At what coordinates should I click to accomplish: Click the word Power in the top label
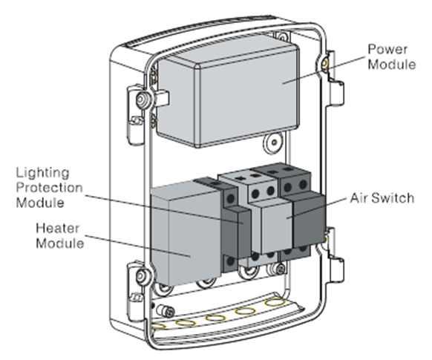tap(387, 50)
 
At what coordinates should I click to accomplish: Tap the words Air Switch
tap(382, 198)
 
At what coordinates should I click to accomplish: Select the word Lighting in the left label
tap(42, 174)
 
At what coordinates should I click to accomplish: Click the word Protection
tap(49, 189)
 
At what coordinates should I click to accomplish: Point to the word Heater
tap(58, 229)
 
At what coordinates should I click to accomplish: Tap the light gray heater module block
tap(186, 234)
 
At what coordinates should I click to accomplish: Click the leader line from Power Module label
tap(324, 70)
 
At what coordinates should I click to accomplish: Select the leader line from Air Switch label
tap(317, 208)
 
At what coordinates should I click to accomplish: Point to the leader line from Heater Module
tap(138, 246)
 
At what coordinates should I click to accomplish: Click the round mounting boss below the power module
tap(273, 143)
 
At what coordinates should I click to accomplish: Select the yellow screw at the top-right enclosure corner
tap(325, 63)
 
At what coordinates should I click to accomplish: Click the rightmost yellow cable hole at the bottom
tap(275, 302)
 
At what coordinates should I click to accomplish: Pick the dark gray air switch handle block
tap(308, 220)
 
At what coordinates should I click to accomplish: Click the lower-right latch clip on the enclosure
tap(336, 256)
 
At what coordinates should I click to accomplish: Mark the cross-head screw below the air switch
tap(281, 269)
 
